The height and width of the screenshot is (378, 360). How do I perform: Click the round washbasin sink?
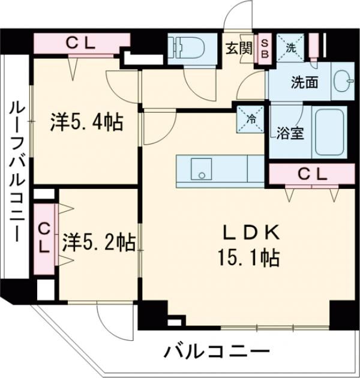[x=343, y=82]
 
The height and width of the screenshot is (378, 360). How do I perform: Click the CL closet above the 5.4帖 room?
[x=80, y=43]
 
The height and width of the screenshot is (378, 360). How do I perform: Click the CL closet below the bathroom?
[x=312, y=174]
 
